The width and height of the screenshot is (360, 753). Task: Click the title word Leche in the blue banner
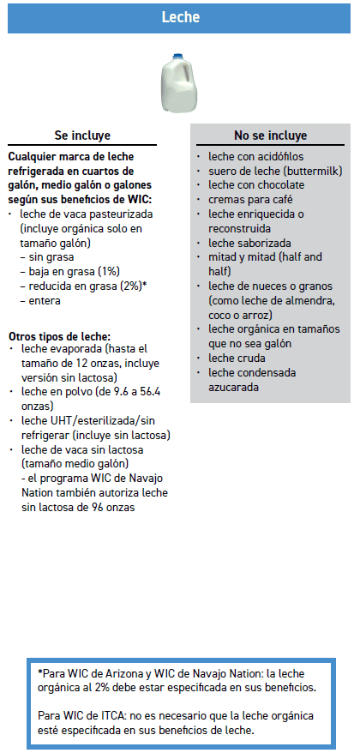180,16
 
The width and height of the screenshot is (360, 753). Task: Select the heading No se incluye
270,136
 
